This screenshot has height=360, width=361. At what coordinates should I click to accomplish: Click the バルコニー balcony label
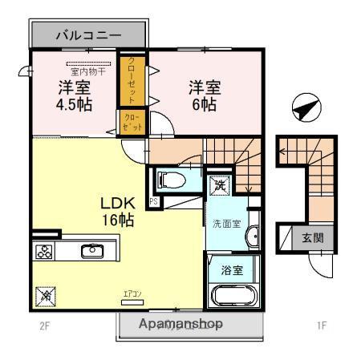click(x=88, y=35)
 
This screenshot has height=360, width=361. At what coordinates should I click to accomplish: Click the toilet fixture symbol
click(x=171, y=179)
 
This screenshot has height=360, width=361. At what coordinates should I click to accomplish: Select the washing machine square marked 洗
click(x=219, y=186)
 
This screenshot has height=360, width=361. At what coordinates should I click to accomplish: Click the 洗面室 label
click(x=227, y=223)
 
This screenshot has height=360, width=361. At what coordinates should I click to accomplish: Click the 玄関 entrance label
click(x=313, y=237)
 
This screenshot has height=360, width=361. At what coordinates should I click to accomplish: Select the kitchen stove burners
click(x=43, y=252)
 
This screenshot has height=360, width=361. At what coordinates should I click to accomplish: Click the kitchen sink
click(x=91, y=251)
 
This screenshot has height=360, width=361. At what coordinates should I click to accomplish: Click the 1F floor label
click(x=321, y=326)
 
